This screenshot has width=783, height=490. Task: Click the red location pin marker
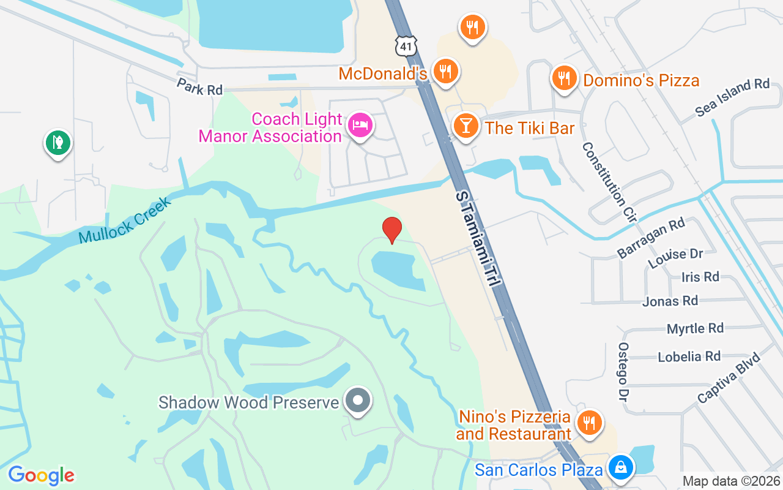coord(391,230)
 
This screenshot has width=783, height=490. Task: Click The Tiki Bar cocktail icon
coord(466,126)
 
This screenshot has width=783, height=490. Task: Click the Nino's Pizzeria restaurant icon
coord(589,423)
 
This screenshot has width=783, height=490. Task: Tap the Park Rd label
coord(199,86)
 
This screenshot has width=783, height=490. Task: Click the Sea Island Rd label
coord(732,97)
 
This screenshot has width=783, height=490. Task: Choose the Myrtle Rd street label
coord(695,329)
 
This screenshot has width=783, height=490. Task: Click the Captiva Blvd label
coord(729,377)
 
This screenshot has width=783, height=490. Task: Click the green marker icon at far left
coord(58,143)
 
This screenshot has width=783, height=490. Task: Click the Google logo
coord(41,475)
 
